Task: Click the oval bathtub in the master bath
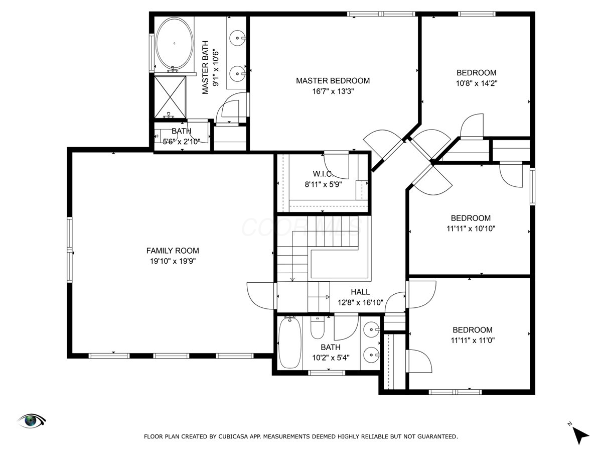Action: (174, 44)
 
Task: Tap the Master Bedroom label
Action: (333, 81)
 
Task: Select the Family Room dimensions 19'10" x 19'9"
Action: (173, 261)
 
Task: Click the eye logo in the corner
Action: (32, 421)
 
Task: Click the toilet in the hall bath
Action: (318, 327)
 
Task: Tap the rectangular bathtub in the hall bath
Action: (290, 343)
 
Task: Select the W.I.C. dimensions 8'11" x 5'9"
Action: (324, 184)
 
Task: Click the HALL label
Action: (360, 292)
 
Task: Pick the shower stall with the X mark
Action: (170, 97)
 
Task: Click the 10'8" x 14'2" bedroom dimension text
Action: (477, 83)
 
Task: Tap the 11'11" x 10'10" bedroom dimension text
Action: (471, 229)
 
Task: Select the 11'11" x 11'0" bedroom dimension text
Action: (473, 341)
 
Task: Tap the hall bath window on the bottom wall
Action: (327, 373)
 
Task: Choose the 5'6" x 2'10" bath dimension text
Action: (182, 142)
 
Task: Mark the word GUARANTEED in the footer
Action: (439, 436)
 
